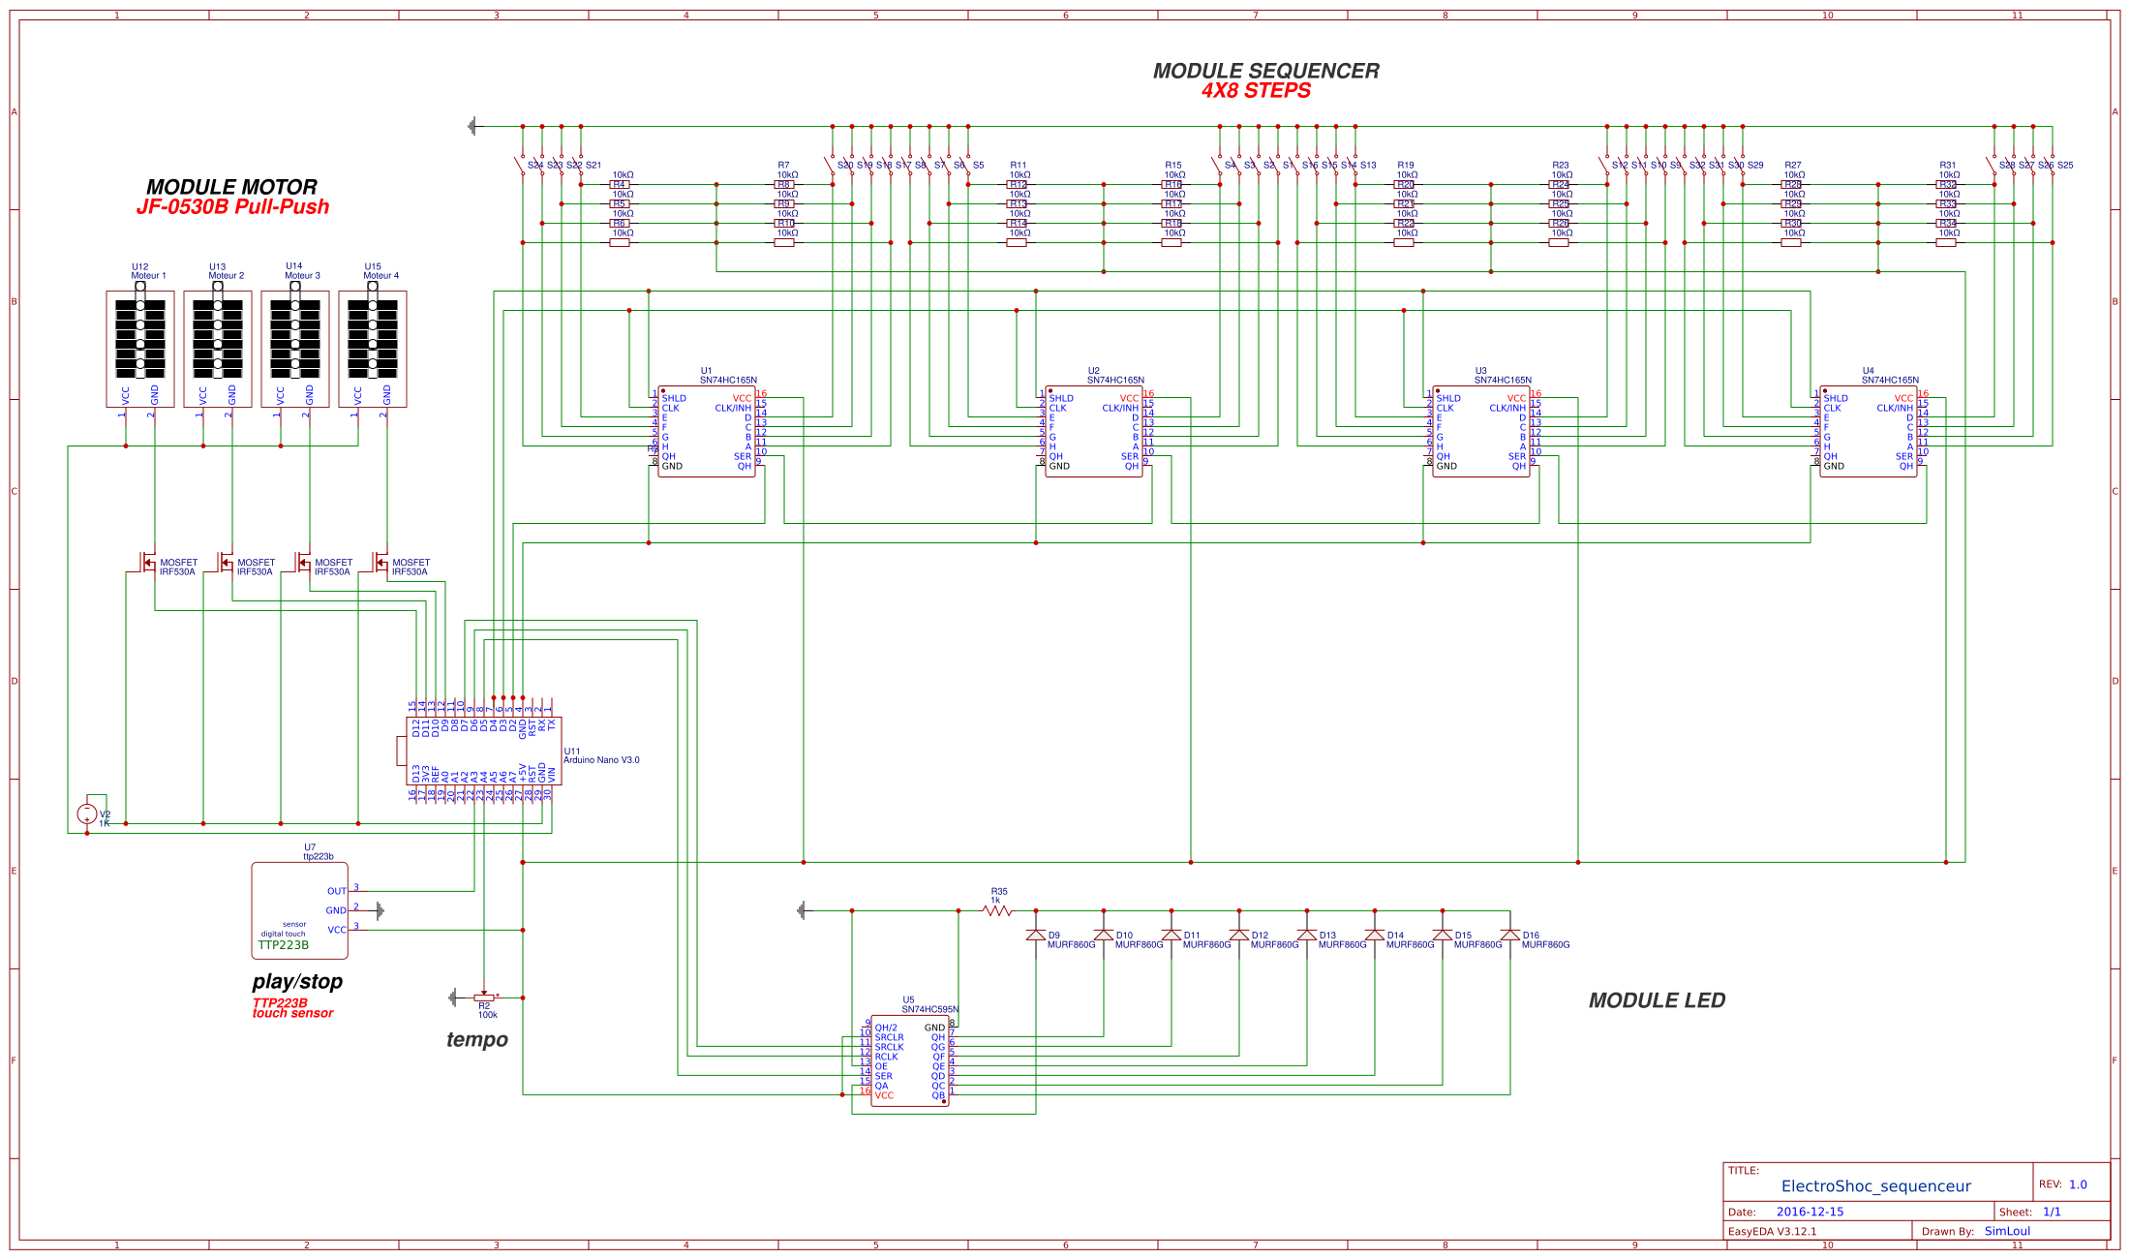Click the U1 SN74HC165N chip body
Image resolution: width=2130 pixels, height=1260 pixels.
point(707,432)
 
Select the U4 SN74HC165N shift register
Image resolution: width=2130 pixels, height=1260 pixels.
point(1868,432)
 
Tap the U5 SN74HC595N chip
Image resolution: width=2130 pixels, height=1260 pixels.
point(909,1060)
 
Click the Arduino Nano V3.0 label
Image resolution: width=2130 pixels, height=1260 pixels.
point(601,760)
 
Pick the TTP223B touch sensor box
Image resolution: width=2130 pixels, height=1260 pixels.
point(299,910)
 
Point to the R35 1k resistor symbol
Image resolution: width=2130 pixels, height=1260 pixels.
point(996,910)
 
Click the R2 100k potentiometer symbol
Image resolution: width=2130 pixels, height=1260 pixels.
point(484,998)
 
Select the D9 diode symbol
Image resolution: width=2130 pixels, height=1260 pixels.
point(1035,936)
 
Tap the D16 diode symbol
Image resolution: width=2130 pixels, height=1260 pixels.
point(1509,936)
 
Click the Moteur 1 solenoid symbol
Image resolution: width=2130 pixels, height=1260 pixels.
point(140,339)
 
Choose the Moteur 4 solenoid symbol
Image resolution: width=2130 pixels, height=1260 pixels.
point(373,339)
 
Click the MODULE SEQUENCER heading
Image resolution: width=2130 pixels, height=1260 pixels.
point(1265,71)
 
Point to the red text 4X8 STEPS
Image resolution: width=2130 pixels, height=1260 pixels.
point(1256,91)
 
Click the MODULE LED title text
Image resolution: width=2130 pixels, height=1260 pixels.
point(1657,1000)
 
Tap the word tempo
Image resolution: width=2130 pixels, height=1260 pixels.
point(476,1040)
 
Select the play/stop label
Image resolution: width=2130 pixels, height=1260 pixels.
point(297,982)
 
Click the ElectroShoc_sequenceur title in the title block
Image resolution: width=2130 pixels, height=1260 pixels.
point(1875,1186)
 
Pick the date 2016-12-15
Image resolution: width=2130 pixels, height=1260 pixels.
point(1810,1212)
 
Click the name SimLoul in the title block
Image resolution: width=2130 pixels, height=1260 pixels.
point(2007,1231)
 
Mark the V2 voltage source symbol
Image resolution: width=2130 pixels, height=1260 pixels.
point(87,814)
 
